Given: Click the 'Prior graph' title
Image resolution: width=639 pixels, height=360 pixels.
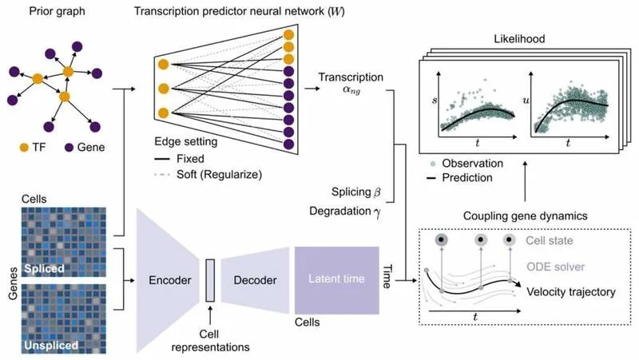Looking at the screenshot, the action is [x=57, y=11].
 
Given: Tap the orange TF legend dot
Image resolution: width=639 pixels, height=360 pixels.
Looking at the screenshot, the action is [x=25, y=148].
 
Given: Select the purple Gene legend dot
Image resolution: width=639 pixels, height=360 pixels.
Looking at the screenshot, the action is [x=69, y=148].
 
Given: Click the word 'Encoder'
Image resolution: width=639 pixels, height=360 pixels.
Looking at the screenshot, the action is [x=170, y=280].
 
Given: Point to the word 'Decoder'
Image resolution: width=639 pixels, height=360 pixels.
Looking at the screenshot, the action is [x=255, y=280].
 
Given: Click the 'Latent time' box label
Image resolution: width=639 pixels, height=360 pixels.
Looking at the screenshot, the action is [x=336, y=279].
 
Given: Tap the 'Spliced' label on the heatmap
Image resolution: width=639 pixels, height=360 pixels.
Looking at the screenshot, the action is [x=44, y=269].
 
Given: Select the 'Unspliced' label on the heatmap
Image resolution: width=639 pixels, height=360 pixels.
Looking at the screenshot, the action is [x=51, y=346].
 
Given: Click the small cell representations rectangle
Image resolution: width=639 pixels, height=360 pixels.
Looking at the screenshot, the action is [x=210, y=280].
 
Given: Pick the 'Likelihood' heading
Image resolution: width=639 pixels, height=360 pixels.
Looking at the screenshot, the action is [x=519, y=39].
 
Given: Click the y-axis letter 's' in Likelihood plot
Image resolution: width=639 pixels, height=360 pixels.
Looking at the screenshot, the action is [x=435, y=100].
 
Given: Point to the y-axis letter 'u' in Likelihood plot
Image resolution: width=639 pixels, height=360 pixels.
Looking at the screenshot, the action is [x=526, y=100].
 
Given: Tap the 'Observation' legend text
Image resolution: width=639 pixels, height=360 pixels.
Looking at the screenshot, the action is [x=473, y=164].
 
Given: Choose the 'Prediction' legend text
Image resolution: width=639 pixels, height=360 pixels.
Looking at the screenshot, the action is [x=467, y=178].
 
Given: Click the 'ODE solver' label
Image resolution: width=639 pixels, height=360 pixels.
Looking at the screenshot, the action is [x=555, y=267].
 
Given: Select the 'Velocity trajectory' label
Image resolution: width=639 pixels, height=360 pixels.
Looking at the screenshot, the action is [x=571, y=292].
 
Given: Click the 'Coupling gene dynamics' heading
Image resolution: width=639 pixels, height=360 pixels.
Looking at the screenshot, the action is [x=526, y=216].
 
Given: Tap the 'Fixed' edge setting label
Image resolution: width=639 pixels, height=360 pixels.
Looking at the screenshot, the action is [x=190, y=159].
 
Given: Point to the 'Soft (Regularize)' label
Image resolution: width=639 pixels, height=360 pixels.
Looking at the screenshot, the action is [x=219, y=175].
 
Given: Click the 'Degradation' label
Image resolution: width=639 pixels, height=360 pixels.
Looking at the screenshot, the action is [x=340, y=211].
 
